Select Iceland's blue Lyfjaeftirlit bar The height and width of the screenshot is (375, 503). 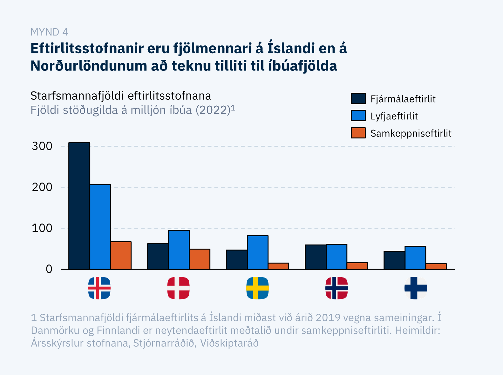tap(100, 227)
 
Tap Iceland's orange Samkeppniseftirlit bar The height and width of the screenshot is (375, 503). tap(121, 256)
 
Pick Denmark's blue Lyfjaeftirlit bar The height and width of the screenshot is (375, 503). tap(179, 250)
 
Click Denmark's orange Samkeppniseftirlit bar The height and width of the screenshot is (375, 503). tap(200, 259)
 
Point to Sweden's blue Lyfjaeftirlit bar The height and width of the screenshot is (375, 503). tap(258, 252)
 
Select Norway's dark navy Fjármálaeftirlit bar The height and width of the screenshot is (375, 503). tap(316, 257)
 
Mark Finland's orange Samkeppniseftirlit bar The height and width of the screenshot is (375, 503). tap(436, 266)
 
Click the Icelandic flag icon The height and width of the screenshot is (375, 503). tap(99, 288)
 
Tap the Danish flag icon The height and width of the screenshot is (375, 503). tap(178, 288)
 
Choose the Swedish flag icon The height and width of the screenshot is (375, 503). tap(257, 288)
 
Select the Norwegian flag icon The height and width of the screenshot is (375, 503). tap(336, 288)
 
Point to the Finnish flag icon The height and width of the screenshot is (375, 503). tap(416, 288)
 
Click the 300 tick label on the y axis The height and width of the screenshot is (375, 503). tap(42, 146)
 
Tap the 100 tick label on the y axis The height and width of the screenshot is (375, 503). tap(42, 228)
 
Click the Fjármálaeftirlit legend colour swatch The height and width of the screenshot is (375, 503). tap(358, 99)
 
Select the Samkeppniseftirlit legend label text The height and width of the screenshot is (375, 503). tap(411, 133)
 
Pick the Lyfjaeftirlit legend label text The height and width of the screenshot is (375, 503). tap(394, 116)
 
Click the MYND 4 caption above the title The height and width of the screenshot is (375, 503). tap(49, 32)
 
